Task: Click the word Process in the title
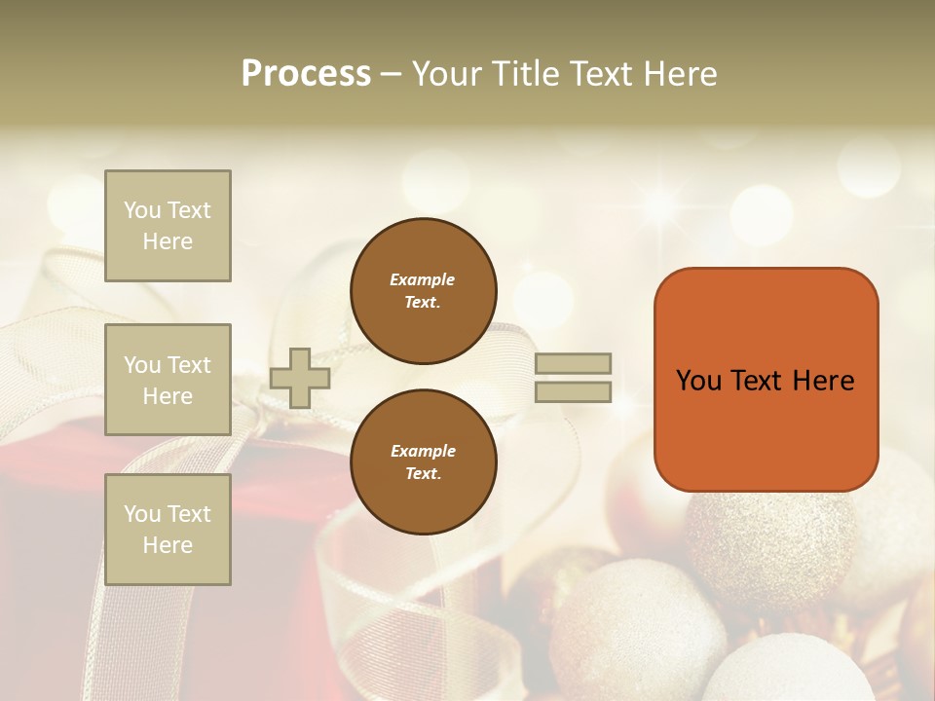point(306,74)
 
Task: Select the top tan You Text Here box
point(168,226)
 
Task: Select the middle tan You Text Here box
point(168,380)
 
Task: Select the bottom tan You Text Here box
point(168,530)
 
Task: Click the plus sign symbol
point(300,378)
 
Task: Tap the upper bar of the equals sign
point(573,364)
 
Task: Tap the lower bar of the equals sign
point(573,392)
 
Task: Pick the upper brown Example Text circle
point(423,290)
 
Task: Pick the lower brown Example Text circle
point(423,461)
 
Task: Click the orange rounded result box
point(766,380)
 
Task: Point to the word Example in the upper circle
point(423,279)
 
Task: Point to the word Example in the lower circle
point(423,451)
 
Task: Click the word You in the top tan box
point(141,210)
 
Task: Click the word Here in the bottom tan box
point(168,545)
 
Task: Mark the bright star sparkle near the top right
point(661,203)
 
